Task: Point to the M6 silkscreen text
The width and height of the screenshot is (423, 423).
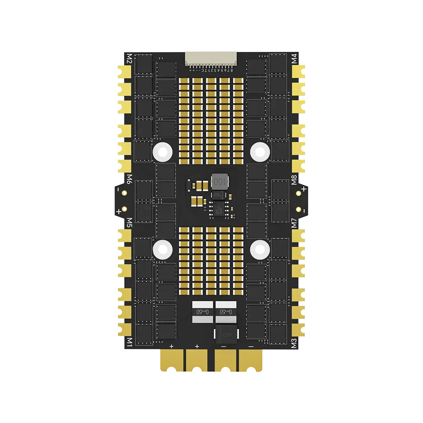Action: click(x=129, y=179)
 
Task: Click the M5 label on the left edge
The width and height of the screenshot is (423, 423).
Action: click(x=129, y=222)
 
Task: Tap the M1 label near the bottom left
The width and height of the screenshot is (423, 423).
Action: click(x=129, y=342)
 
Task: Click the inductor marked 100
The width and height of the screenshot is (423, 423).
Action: click(x=218, y=181)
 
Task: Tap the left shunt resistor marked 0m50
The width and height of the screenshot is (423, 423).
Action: click(x=201, y=312)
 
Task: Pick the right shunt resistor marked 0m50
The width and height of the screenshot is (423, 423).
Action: click(x=225, y=312)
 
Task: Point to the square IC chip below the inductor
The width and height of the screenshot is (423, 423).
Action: click(x=220, y=208)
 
